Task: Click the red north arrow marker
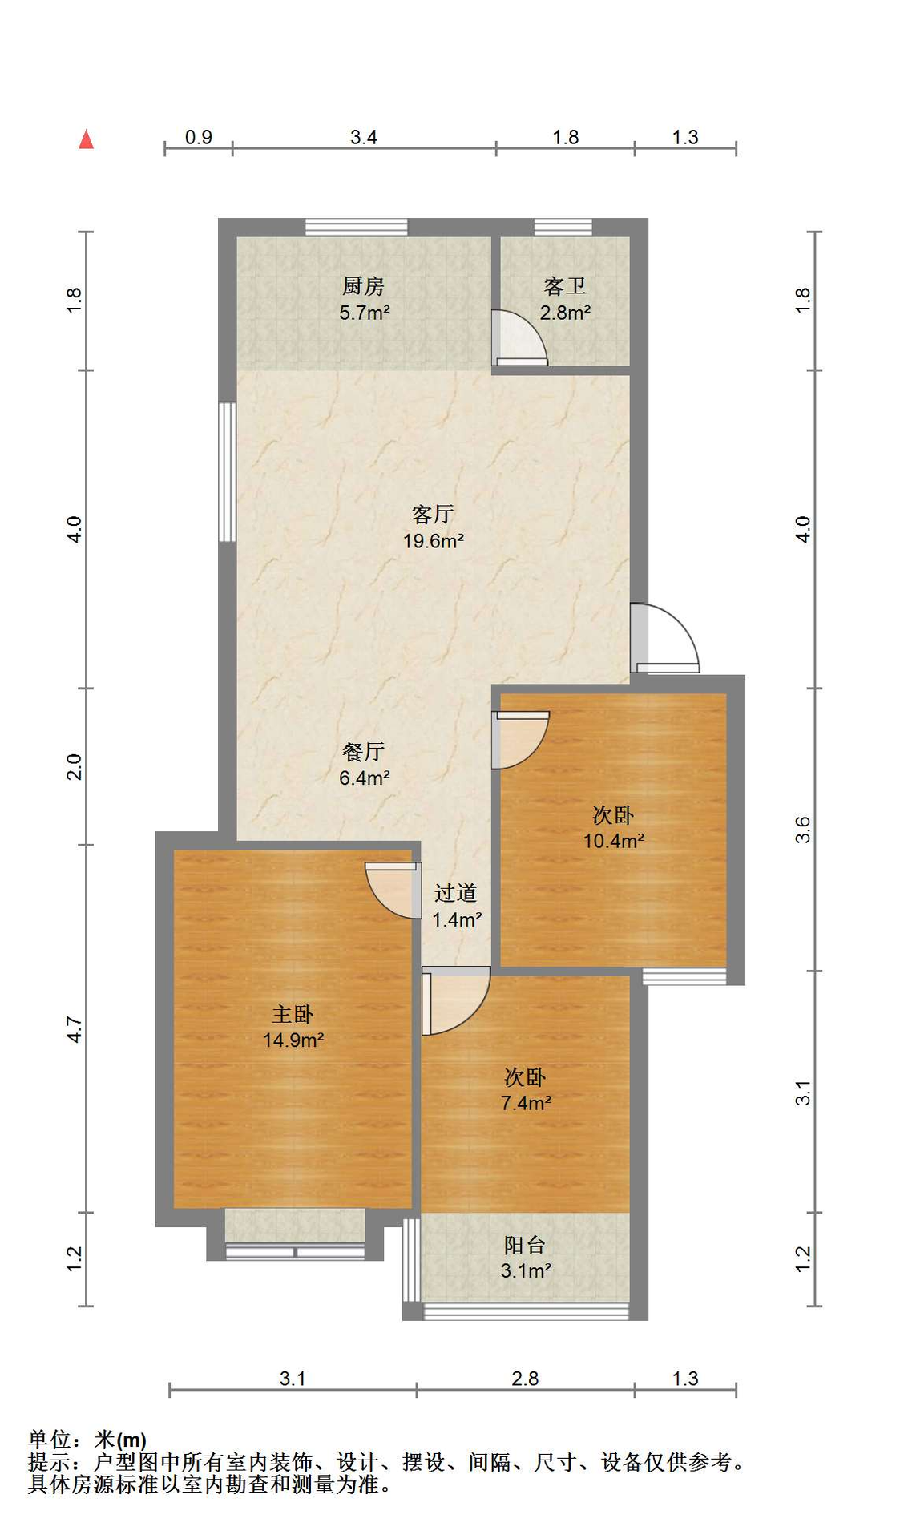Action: [x=86, y=139]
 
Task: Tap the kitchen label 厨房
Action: [x=363, y=285]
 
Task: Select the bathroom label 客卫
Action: [x=565, y=285]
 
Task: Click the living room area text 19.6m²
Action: [x=433, y=541]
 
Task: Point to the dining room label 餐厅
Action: [x=363, y=751]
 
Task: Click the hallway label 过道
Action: [x=456, y=892]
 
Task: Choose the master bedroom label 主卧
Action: [x=293, y=1014]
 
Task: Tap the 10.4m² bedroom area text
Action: [x=614, y=841]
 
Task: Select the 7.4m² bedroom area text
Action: [x=526, y=1103]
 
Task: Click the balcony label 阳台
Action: [x=525, y=1245]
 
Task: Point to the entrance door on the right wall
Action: [x=664, y=638]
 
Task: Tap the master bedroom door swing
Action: [x=393, y=890]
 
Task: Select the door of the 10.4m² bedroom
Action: [x=520, y=740]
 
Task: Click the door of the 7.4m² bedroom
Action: [x=456, y=1001]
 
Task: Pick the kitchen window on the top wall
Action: [x=357, y=227]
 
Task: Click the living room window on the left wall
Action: [x=228, y=472]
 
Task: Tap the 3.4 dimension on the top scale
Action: [x=364, y=137]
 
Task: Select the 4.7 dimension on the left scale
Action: [x=74, y=1029]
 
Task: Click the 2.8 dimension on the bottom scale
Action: [x=526, y=1378]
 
